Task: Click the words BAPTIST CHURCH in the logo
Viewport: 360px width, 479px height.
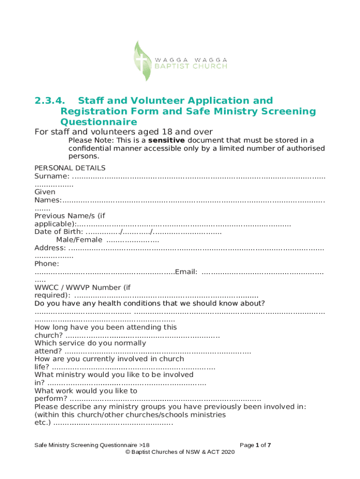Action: click(x=191, y=66)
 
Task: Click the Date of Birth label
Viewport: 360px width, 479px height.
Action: click(x=58, y=232)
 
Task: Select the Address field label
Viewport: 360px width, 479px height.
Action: click(x=50, y=247)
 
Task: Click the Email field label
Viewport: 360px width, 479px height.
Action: click(x=186, y=272)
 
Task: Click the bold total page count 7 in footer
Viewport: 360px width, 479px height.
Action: click(x=269, y=445)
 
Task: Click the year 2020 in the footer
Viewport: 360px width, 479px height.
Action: click(x=228, y=452)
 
